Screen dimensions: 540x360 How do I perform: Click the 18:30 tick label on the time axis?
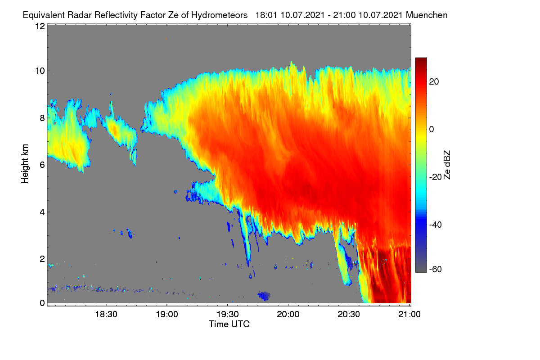coord(106,315)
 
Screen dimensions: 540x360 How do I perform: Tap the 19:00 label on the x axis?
coord(167,315)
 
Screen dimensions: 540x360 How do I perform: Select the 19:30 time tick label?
coord(228,315)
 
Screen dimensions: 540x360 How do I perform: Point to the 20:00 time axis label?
coord(288,315)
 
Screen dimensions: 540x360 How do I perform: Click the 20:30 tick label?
coord(349,315)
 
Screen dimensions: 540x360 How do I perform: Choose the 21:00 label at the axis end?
coord(409,315)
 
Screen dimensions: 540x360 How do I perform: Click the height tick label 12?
coord(40,26)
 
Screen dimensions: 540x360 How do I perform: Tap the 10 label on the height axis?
coord(40,71)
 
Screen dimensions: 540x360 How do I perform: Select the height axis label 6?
coord(42,165)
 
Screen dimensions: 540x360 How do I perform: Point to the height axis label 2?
coord(42,259)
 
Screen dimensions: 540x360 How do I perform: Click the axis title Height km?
coord(25,164)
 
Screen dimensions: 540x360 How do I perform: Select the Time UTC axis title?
coord(229,324)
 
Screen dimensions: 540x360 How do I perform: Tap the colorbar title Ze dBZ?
coord(447,165)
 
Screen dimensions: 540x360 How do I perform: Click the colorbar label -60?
coord(436,270)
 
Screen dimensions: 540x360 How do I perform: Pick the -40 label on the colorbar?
coord(436,225)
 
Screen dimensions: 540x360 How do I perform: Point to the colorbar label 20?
coord(434,82)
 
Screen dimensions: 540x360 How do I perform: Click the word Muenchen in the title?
coord(427,15)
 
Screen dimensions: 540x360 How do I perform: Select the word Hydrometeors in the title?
coord(219,15)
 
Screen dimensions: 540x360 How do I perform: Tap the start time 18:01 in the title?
coord(266,15)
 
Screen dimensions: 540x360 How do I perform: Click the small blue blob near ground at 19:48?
coord(264,296)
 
